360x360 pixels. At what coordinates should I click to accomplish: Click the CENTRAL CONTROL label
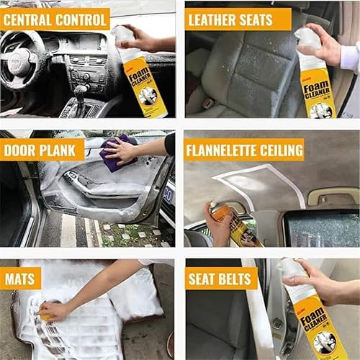tap(55, 19)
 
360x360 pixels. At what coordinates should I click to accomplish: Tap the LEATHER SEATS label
tap(238, 19)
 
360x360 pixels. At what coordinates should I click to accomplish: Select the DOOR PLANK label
tap(43, 149)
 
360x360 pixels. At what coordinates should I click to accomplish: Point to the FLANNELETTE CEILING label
tap(244, 149)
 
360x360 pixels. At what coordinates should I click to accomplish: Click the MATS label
tap(21, 278)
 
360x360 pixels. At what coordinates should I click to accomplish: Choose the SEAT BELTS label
tap(221, 278)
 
